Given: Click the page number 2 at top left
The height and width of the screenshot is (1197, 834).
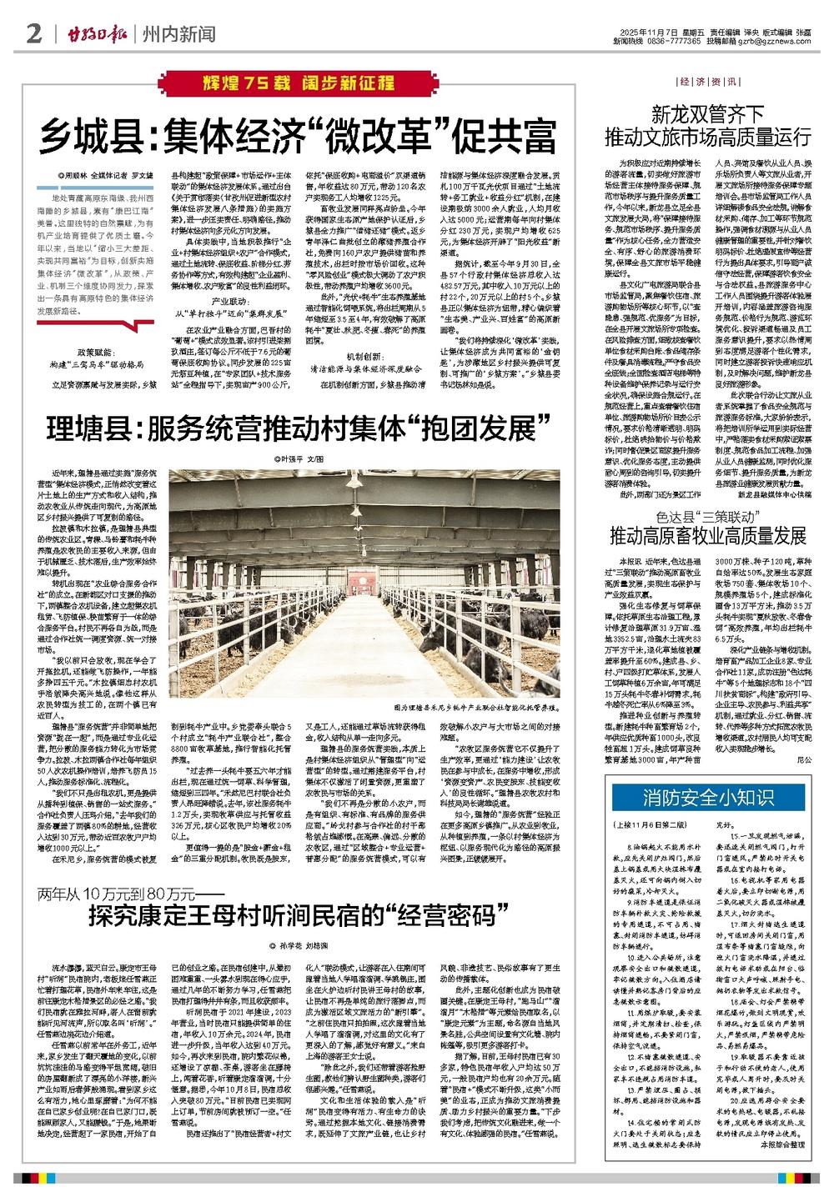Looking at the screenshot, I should click(33, 34).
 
